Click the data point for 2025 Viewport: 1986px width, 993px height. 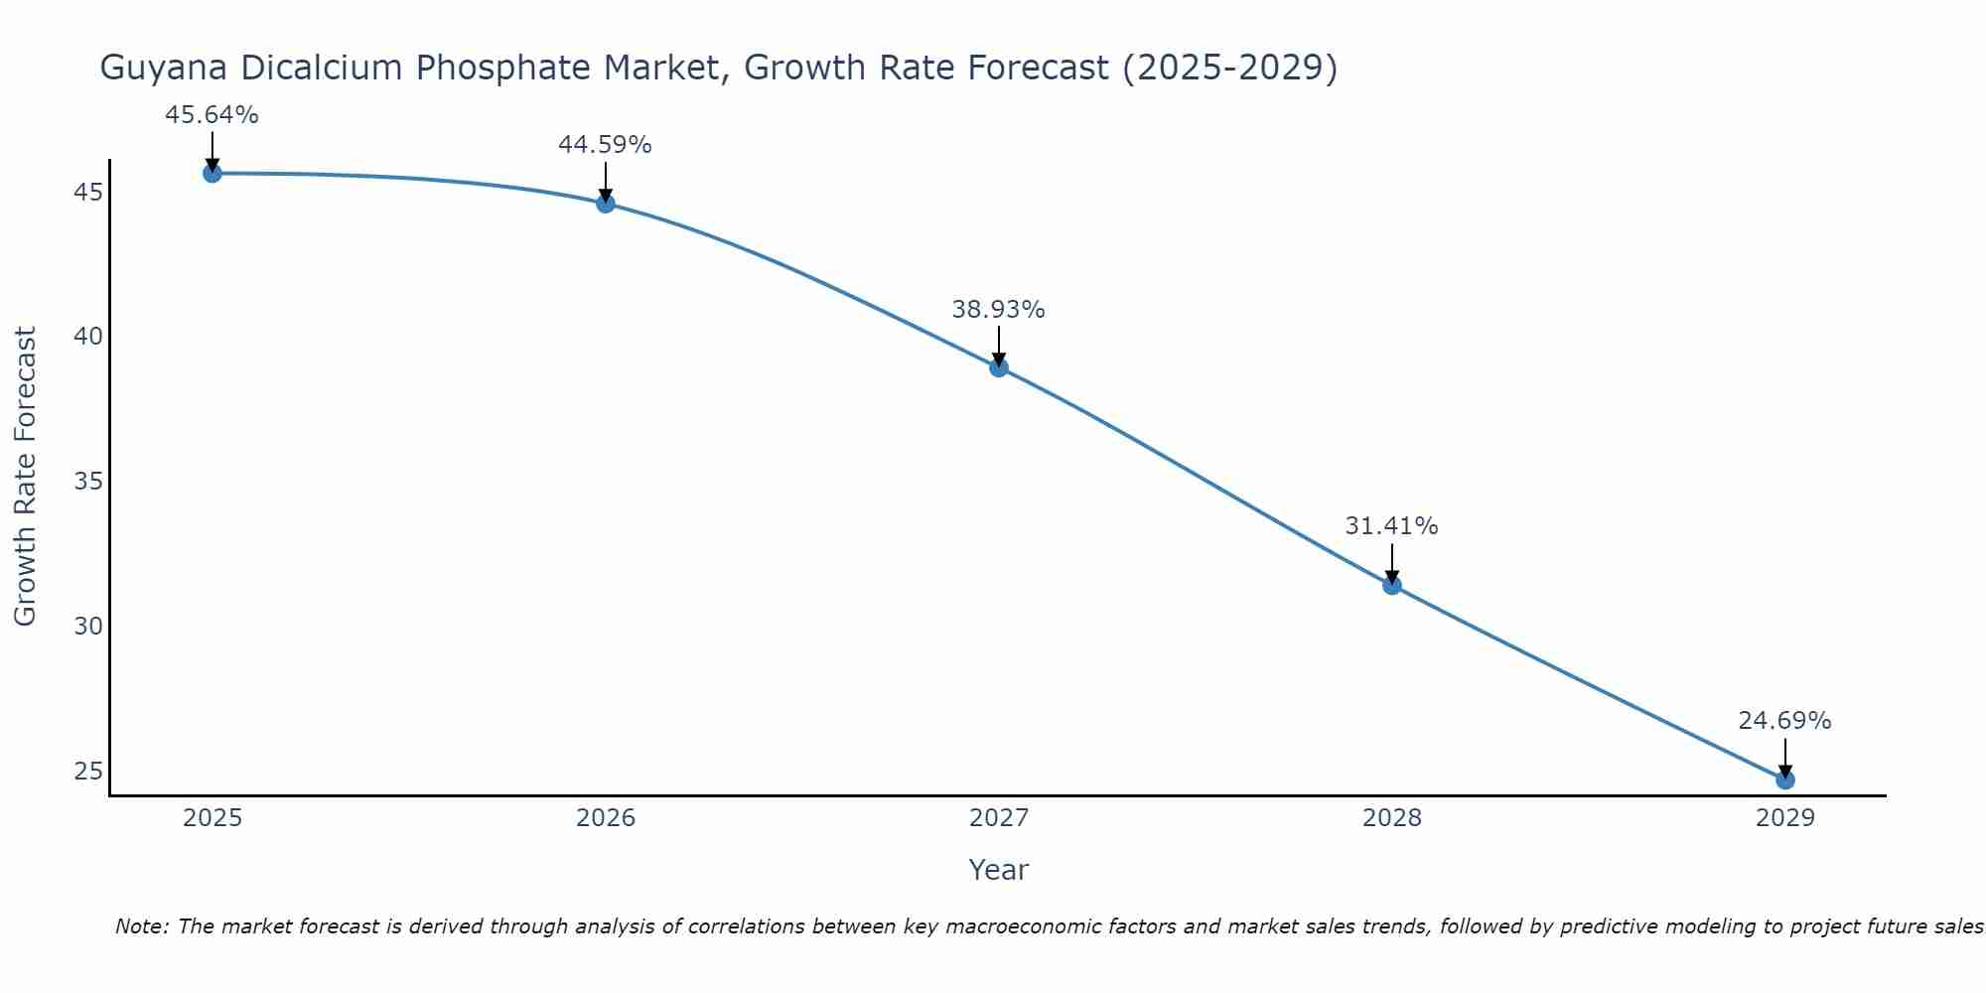(x=213, y=174)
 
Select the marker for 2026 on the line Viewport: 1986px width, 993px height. (x=606, y=204)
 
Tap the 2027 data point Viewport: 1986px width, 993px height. (x=999, y=368)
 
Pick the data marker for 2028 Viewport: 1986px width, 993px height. (x=1392, y=586)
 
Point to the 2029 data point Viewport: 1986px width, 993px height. (x=1785, y=780)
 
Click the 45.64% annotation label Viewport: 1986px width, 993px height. (x=212, y=115)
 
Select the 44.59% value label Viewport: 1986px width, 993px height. (x=605, y=145)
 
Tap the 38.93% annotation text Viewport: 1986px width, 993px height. (x=998, y=310)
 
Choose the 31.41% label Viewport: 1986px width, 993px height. (x=1391, y=526)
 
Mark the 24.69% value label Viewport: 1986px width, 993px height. (x=1784, y=721)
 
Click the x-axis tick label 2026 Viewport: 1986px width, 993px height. (x=606, y=818)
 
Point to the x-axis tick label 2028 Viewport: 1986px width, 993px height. (x=1392, y=818)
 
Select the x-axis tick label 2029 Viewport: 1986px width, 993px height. (x=1785, y=818)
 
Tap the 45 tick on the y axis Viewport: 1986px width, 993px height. (x=88, y=192)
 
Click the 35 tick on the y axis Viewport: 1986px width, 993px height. (x=88, y=482)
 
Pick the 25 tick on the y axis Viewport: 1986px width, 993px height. (x=88, y=772)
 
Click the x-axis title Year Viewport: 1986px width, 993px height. (x=998, y=870)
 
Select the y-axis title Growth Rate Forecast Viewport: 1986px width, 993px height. (x=25, y=477)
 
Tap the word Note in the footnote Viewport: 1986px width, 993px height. (x=142, y=926)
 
